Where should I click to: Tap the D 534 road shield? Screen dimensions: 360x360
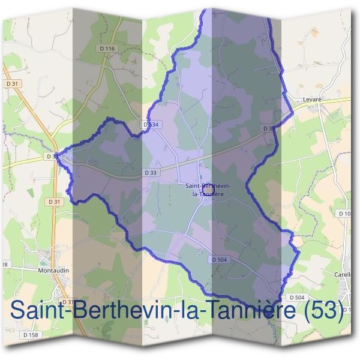[152, 124]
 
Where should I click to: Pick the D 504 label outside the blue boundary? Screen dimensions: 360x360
[297, 298]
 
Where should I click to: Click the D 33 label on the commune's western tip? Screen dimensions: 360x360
[53, 157]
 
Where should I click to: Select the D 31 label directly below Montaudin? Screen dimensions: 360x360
[67, 302]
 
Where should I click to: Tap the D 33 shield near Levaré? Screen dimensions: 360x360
[269, 128]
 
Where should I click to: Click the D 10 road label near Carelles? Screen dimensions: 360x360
[344, 214]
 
